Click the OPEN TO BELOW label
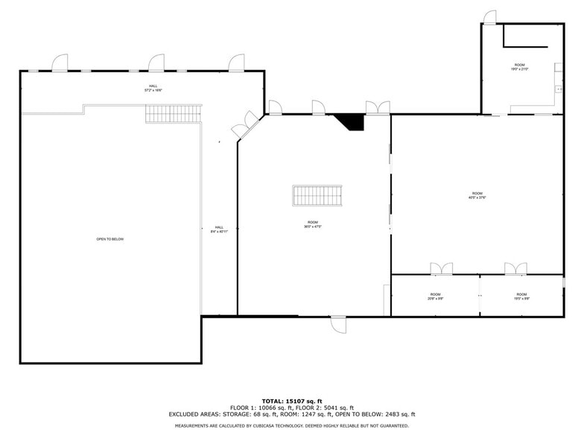coord(110,239)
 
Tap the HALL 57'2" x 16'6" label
coord(153,88)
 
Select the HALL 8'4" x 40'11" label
coord(219,229)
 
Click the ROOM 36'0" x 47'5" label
coord(313,224)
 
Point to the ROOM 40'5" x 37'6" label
coord(477,195)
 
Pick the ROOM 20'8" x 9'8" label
coord(435,296)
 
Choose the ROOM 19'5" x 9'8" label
coord(521,296)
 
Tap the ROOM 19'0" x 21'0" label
coord(520,68)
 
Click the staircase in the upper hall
coord(173,113)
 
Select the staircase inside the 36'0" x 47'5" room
coord(317,195)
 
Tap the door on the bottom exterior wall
coord(339,323)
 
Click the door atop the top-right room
coord(489,17)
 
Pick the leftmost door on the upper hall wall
coord(60,63)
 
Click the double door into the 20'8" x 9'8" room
coord(441,269)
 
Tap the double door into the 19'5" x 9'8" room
coord(515,269)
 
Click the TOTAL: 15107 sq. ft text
coord(291,401)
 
